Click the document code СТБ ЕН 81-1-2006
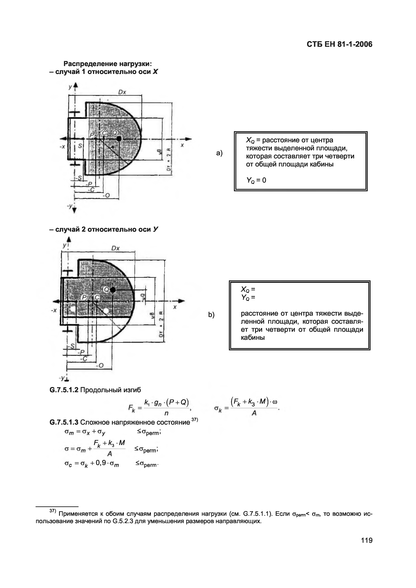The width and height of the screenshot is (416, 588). point(339,45)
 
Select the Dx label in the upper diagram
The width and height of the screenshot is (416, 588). point(122,92)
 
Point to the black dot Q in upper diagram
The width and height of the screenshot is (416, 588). point(119,139)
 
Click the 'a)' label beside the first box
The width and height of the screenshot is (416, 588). point(219,153)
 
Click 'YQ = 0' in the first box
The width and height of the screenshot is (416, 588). point(256,180)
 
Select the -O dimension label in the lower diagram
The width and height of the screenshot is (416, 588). point(100,366)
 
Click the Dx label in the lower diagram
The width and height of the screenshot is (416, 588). point(115,248)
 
